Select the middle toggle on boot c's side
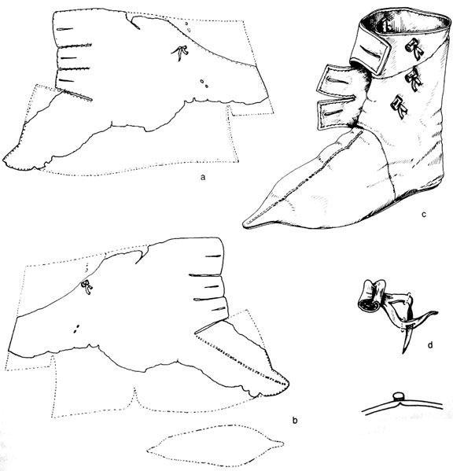[x=409, y=79]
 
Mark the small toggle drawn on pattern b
[x=87, y=285]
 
